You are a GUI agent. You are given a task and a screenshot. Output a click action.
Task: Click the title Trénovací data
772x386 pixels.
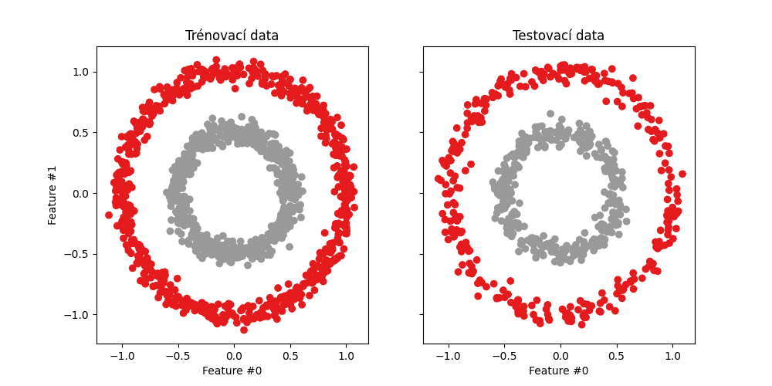(232, 36)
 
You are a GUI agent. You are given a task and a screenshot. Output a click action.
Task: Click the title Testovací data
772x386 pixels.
(558, 36)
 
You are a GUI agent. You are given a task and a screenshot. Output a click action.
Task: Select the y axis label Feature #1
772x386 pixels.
(52, 195)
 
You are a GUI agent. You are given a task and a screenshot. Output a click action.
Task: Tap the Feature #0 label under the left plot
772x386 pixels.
(232, 371)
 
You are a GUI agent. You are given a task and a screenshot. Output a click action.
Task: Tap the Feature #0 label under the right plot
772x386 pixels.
(558, 371)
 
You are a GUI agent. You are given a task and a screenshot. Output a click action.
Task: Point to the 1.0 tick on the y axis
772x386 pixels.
(81, 72)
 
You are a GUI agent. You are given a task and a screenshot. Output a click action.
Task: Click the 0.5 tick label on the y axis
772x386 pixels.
(81, 133)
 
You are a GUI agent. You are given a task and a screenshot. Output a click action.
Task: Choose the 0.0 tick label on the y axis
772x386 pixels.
(81, 193)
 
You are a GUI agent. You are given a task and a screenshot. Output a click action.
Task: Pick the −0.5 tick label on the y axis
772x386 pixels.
(78, 254)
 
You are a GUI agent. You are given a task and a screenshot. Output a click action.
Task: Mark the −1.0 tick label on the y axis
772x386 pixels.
(78, 314)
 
